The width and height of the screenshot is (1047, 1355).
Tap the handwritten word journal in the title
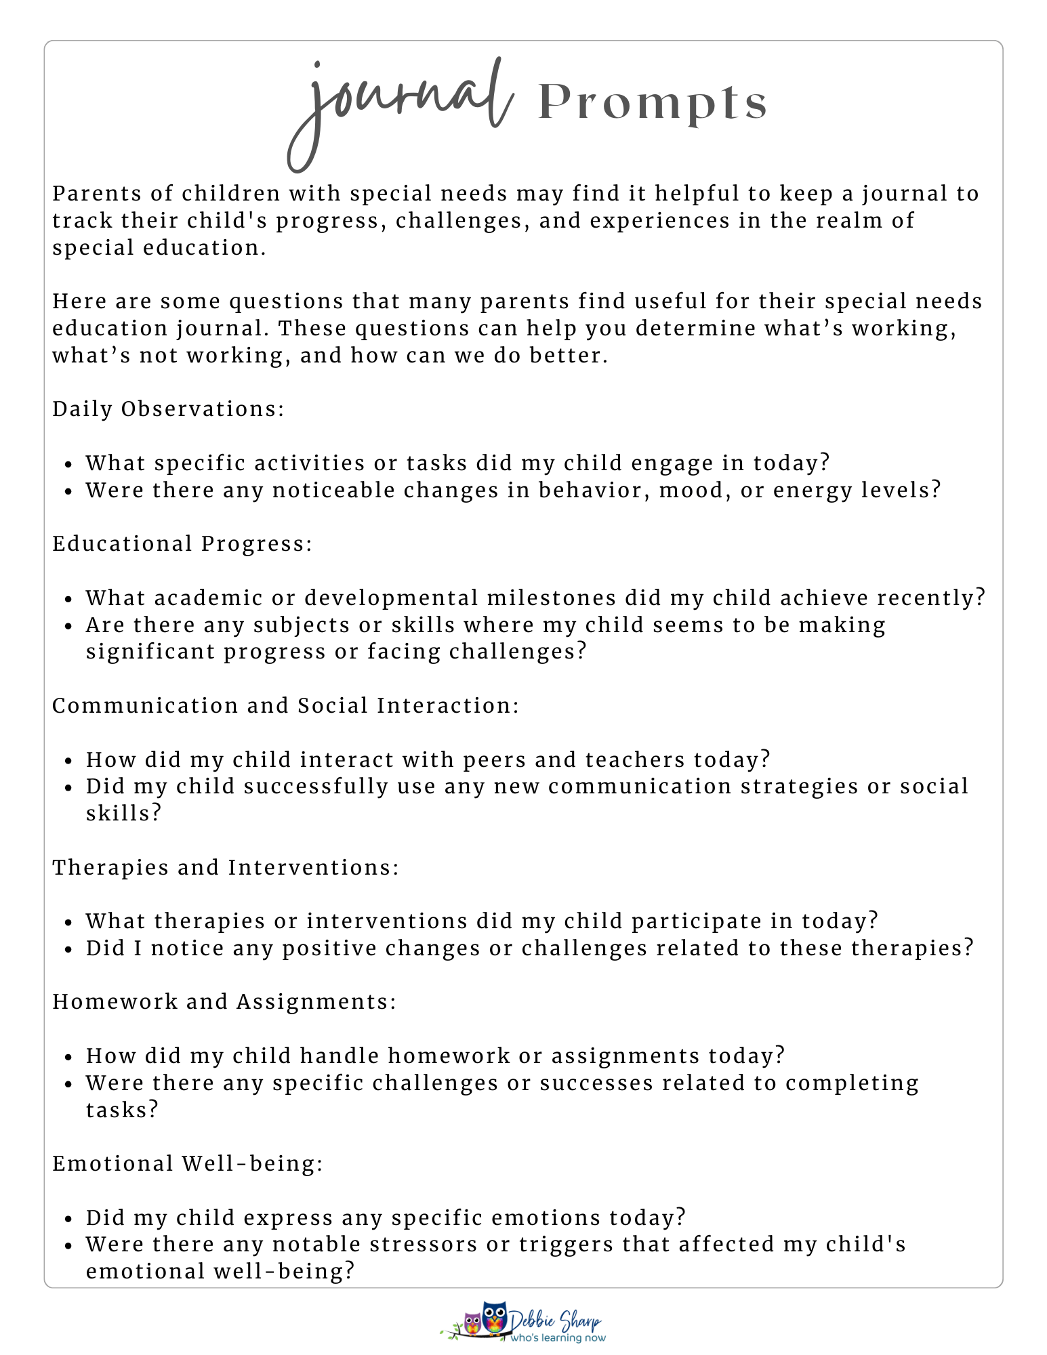point(400,102)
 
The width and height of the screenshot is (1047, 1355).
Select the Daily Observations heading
point(168,409)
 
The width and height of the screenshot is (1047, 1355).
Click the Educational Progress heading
point(182,544)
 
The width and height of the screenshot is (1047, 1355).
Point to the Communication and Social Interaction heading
point(285,706)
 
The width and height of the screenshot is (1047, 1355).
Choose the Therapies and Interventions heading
point(226,868)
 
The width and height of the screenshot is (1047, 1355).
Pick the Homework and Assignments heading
point(224,1002)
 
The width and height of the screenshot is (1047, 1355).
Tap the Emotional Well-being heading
point(188,1164)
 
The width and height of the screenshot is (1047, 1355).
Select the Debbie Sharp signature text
point(556,1321)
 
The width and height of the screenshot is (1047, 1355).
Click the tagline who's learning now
point(558,1338)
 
